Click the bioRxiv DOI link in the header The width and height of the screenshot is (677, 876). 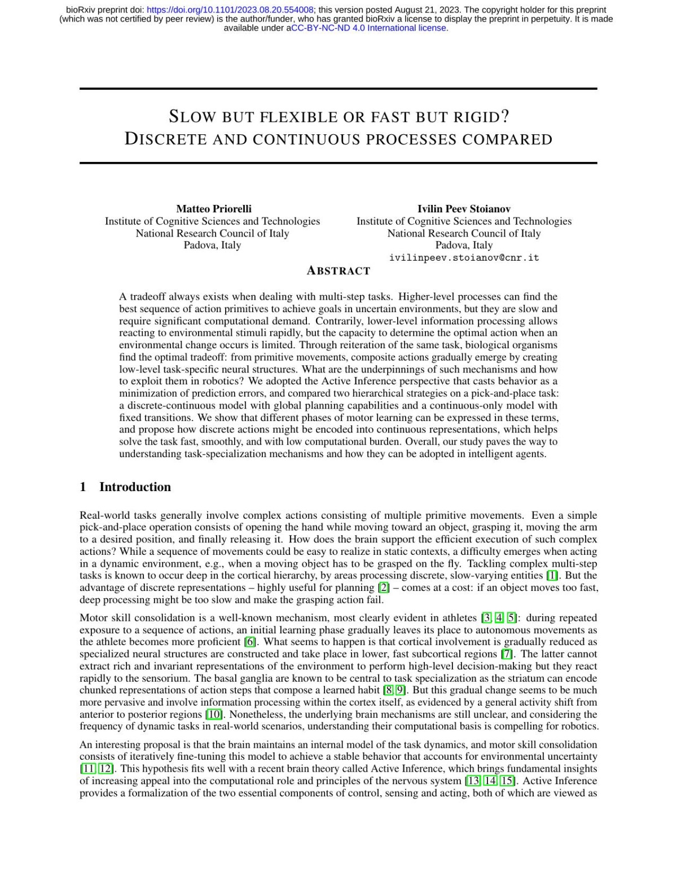click(x=230, y=10)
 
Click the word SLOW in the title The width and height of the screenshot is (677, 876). click(x=192, y=117)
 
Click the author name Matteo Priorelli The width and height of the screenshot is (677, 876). click(x=214, y=209)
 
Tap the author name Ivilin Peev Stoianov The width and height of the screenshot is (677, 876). click(x=464, y=209)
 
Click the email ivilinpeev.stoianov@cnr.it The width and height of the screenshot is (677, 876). click(x=464, y=257)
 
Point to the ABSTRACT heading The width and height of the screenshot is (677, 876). click(x=338, y=271)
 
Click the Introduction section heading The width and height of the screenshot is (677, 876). click(x=135, y=487)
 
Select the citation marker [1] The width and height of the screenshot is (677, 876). click(x=552, y=576)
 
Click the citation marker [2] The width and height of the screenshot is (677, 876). click(x=384, y=588)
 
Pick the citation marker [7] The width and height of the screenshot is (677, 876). click(x=507, y=654)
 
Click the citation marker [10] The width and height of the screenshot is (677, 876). click(x=214, y=715)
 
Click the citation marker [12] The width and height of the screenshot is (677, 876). click(x=106, y=769)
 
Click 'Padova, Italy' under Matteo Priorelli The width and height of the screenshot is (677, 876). click(x=212, y=246)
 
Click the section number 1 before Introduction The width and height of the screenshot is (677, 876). click(x=83, y=487)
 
